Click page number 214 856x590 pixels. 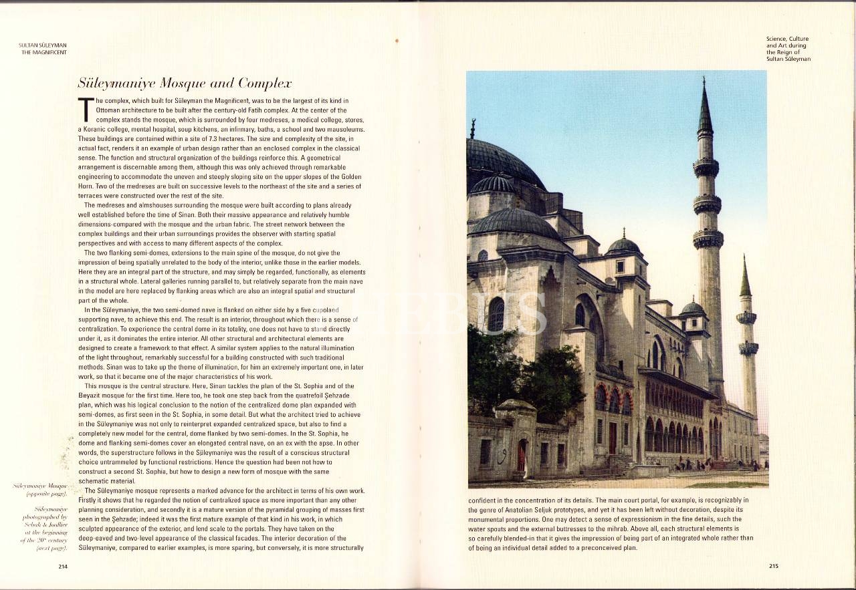pos(63,567)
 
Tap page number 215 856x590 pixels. pos(773,566)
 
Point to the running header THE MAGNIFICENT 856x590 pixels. pos(44,52)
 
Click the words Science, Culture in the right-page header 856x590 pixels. pos(787,39)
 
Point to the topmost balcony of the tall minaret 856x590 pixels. pos(706,167)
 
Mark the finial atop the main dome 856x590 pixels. pos(472,128)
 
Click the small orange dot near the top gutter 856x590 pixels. pos(397,41)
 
